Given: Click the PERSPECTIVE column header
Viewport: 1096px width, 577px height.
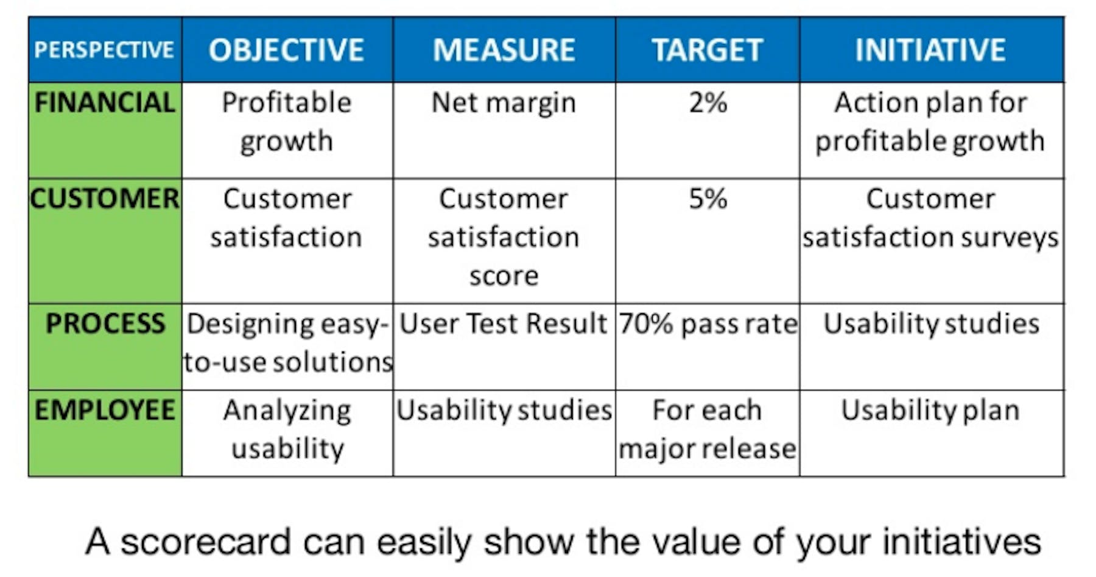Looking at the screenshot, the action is tap(104, 50).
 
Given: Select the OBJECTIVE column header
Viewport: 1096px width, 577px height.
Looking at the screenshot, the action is tap(286, 50).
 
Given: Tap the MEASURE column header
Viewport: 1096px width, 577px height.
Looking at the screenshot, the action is tap(504, 50).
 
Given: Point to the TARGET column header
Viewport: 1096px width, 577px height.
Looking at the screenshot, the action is tap(707, 50).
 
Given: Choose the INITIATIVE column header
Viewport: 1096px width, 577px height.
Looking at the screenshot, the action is tap(930, 50).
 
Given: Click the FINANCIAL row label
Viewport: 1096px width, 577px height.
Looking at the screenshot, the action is tap(105, 102).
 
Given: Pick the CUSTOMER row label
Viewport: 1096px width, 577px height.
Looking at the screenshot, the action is tap(105, 199).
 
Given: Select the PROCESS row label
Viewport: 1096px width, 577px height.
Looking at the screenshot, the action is tap(105, 324).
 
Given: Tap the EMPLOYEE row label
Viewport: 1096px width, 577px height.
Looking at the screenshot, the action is tap(105, 410).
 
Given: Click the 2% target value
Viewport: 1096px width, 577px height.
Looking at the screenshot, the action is tap(708, 102).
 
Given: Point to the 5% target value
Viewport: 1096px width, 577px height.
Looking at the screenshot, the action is tap(708, 199).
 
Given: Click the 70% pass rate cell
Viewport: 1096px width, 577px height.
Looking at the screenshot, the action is tap(708, 324).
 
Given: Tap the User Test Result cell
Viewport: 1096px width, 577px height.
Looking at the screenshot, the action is tap(504, 324).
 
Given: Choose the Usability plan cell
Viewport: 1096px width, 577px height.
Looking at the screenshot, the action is tap(930, 411).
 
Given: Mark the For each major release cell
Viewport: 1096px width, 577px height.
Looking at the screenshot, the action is tap(708, 430).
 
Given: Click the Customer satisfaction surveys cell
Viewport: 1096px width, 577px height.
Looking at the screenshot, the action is tap(930, 218).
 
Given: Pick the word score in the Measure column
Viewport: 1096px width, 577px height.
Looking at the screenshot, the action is tap(504, 277).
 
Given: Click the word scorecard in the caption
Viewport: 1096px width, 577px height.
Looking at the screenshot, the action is tap(206, 542).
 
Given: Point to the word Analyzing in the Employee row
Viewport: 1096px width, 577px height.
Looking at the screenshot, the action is tap(287, 411).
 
